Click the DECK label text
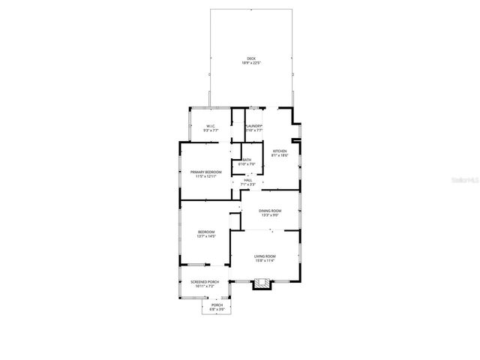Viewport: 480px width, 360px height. click(x=250, y=59)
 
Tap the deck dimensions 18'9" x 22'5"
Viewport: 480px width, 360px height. click(x=250, y=64)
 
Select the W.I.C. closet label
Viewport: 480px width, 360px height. click(x=211, y=126)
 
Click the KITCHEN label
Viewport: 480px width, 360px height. click(x=280, y=151)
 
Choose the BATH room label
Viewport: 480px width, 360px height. click(x=247, y=160)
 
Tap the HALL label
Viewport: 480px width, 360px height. click(x=247, y=180)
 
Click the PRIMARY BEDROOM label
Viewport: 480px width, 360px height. click(x=205, y=172)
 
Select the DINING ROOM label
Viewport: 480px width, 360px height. click(x=270, y=211)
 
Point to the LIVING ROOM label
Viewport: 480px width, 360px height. click(x=265, y=256)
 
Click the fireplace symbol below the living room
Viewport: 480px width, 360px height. click(x=262, y=283)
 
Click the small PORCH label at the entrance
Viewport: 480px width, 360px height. click(x=217, y=304)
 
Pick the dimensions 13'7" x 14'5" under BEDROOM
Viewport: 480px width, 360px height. click(x=206, y=236)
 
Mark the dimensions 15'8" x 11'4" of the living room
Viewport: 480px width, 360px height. click(x=265, y=261)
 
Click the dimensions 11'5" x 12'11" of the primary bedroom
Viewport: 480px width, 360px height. click(x=205, y=177)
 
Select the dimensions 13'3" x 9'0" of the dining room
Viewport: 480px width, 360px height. click(x=270, y=216)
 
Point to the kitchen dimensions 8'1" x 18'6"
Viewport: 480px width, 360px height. click(x=280, y=155)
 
